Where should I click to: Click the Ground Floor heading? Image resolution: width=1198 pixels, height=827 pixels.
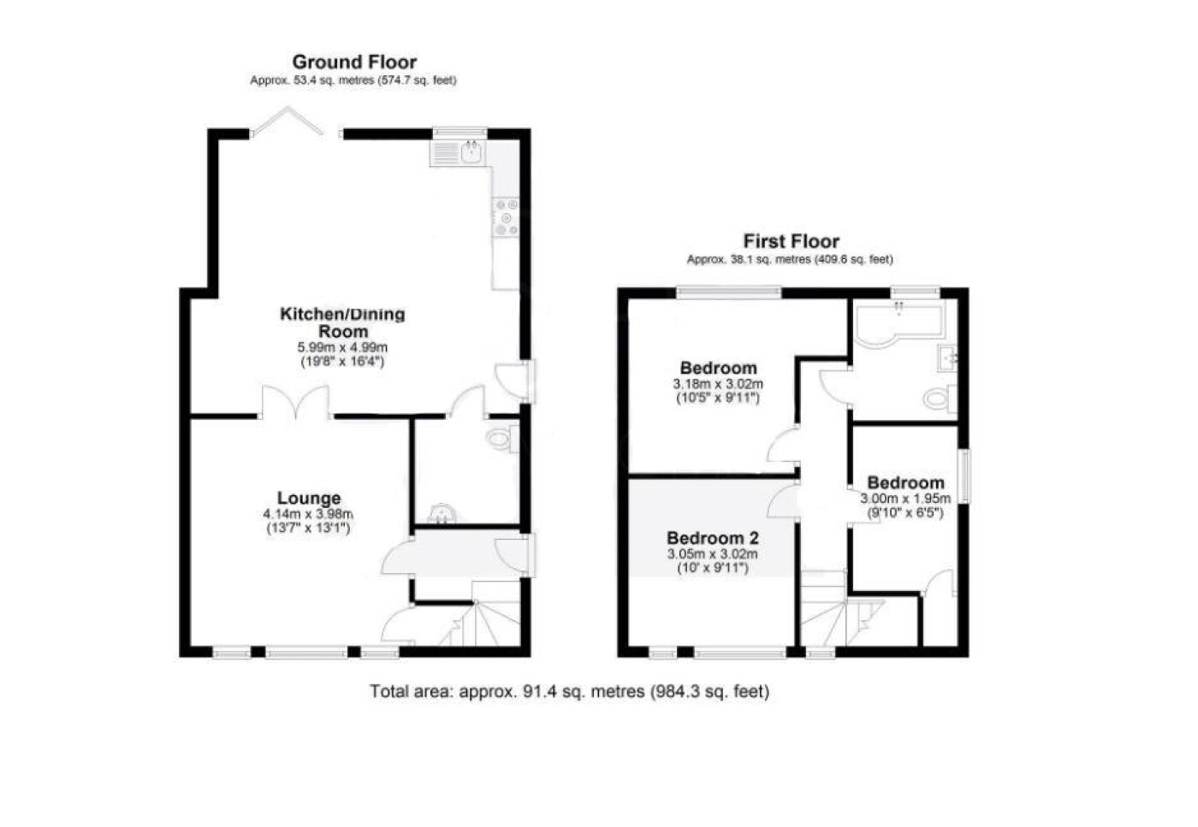[354, 62]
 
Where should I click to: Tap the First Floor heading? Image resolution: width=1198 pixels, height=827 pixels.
[791, 242]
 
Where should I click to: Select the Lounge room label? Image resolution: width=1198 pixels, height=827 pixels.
[309, 499]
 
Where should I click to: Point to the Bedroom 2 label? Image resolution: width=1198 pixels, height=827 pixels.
[712, 537]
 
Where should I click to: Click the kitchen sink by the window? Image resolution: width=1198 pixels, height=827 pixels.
[457, 153]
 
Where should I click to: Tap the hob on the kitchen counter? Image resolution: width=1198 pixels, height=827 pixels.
[506, 217]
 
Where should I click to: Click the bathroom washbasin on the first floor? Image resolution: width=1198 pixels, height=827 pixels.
[948, 358]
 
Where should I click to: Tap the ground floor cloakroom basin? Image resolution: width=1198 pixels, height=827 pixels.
[442, 513]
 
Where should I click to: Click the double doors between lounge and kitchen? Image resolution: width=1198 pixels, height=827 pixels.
[295, 401]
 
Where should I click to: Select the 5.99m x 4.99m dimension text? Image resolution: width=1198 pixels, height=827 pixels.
[342, 347]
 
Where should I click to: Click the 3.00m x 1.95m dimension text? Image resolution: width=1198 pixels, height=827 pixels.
[905, 499]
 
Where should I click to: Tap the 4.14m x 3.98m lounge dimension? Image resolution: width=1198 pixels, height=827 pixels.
[308, 514]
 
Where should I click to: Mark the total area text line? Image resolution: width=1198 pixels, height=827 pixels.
[570, 691]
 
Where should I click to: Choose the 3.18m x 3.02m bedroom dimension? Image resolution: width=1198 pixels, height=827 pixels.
[718, 384]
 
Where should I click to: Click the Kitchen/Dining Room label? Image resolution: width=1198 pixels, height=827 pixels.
[342, 322]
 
